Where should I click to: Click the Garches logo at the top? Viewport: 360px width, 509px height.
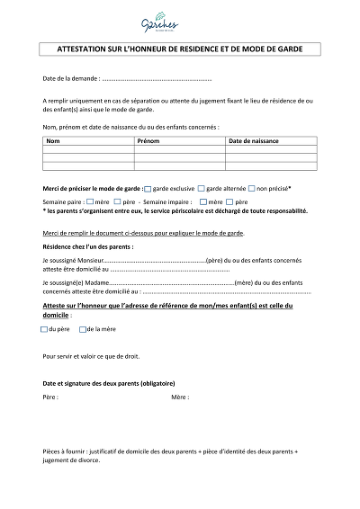pos(179,22)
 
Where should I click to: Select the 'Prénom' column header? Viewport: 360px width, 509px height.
pos(148,141)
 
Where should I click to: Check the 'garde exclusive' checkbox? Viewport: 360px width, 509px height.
pos(148,190)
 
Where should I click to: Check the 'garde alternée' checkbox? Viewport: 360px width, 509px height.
pos(202,190)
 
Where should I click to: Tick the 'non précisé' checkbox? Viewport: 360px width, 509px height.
pos(252,190)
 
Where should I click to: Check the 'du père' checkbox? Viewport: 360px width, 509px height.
pos(45,330)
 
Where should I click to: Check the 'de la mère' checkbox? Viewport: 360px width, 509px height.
pos(83,330)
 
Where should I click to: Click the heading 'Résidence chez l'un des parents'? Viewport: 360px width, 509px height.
pos(88,246)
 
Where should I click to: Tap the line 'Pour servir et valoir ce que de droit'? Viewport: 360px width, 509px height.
pos(91,355)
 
